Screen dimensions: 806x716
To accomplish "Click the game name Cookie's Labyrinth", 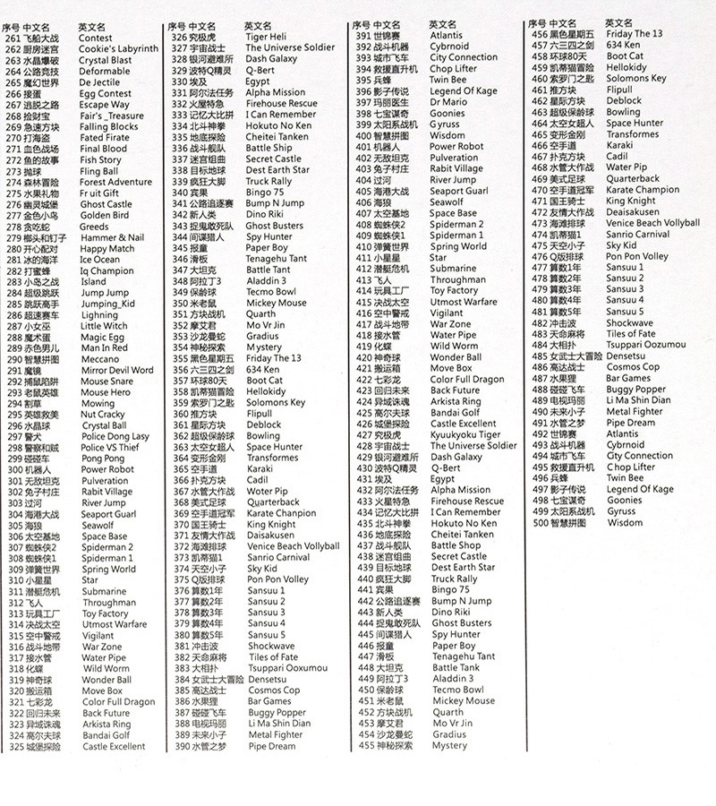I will [118, 49].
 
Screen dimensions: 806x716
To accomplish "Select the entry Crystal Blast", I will [106, 60].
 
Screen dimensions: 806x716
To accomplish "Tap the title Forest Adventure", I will [115, 182].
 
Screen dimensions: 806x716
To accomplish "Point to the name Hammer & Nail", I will [111, 237].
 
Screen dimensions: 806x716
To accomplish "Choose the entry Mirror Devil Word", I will [117, 370].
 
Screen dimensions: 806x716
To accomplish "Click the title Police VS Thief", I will [110, 447].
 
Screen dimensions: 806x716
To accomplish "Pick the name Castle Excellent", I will [114, 746].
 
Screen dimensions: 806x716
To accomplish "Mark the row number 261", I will [13, 39].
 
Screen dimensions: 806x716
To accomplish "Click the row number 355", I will [181, 358].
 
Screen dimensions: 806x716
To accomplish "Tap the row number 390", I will [181, 745].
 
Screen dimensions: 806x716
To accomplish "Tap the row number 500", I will [541, 522].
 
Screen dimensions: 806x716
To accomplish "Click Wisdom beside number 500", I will [625, 522].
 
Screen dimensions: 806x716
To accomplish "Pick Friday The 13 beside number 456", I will [635, 34].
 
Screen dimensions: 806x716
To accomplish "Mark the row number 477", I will [540, 268].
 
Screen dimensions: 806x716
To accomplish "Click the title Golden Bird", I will [104, 215].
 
